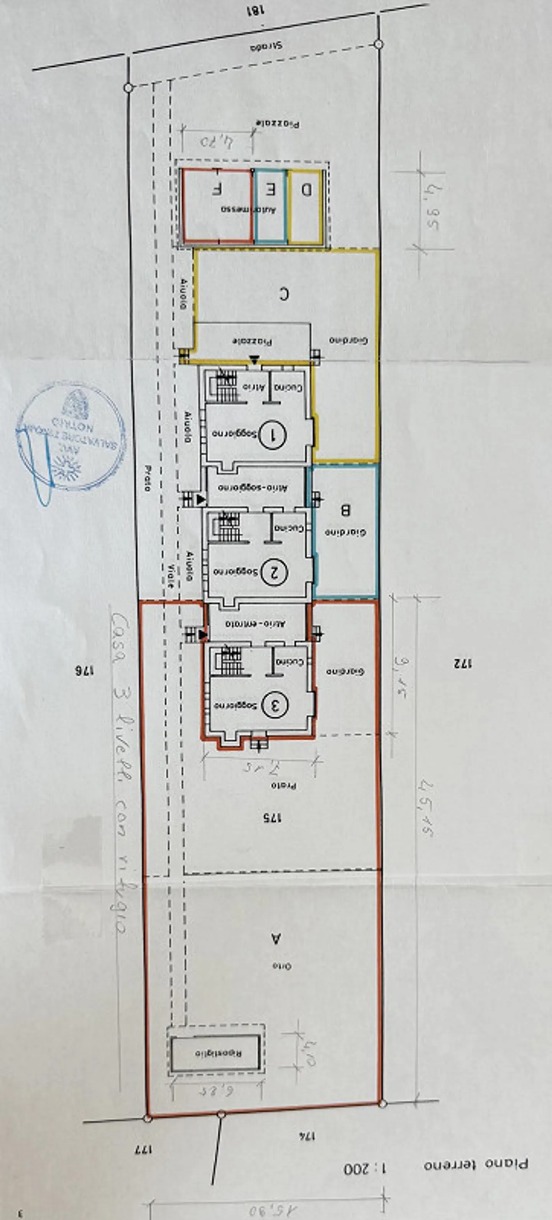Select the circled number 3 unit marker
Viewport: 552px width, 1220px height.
point(274,706)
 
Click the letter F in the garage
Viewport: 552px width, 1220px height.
point(217,189)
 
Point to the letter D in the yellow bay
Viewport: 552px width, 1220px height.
point(306,190)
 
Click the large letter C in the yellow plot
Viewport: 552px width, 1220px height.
point(283,294)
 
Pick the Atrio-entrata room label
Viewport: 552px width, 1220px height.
point(256,624)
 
